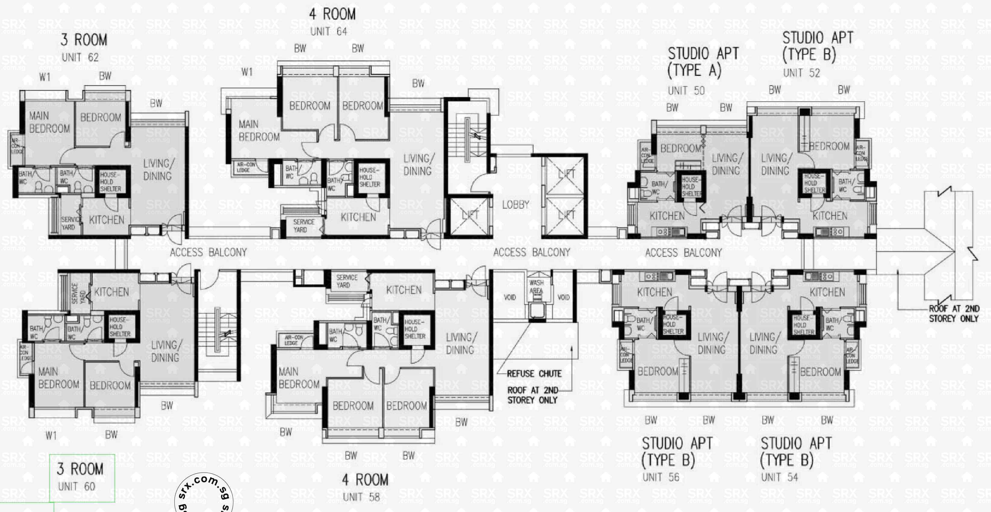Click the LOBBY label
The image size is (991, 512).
coord(515,205)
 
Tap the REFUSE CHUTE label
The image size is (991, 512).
coord(534,374)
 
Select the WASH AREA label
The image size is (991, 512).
coord(536,287)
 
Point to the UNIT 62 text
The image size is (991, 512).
coord(80,58)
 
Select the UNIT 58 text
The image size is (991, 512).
coord(361,497)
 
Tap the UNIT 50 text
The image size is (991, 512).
coord(686,91)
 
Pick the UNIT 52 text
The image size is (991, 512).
coord(801,73)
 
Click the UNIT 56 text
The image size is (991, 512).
coord(660,477)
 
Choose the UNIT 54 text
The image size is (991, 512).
coord(779,477)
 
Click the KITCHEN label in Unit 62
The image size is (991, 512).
coord(107,220)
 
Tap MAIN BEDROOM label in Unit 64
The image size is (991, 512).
coord(259,131)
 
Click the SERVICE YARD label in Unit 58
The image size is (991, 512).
coord(346,281)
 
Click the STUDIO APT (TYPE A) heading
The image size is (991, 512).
coord(703,61)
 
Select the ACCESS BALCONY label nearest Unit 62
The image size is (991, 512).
coord(208,253)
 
